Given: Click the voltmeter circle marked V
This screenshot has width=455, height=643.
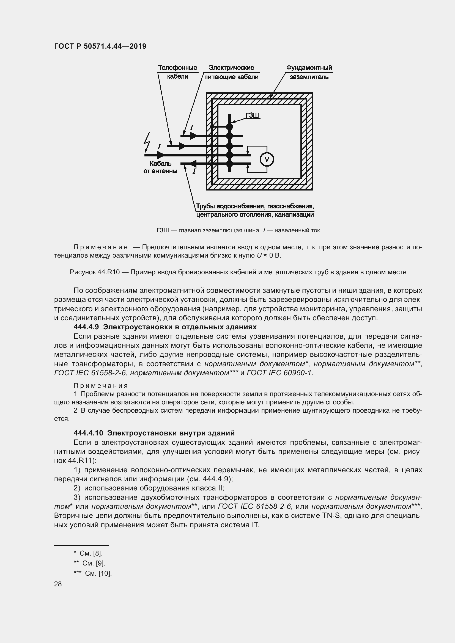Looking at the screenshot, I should pos(267,160).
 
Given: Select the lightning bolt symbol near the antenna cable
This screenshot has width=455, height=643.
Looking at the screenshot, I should pos(147,142).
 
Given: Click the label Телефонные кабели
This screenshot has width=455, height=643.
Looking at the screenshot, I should pos(177,72).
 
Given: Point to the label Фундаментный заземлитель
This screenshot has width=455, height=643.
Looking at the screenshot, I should pos(309,72).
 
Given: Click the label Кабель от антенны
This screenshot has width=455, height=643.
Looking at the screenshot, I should pos(160,167).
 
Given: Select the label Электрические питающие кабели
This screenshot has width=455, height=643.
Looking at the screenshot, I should pos(231,72).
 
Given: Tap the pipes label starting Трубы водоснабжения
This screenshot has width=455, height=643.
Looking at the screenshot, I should pos(255,210).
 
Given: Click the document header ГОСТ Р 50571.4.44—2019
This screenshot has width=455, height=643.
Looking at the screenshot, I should pos(100,46).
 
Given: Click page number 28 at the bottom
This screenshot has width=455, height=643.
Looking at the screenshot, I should pos(58,584).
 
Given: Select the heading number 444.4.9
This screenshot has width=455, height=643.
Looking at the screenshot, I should pos(87,327).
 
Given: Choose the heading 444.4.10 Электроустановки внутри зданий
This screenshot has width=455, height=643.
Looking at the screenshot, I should pos(154,433).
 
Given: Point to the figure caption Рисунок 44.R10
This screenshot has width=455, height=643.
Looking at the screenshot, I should pos(238,272).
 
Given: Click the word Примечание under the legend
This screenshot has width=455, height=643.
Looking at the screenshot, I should pos(101,247).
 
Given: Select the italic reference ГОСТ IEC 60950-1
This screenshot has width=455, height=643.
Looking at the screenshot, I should pos(279,373).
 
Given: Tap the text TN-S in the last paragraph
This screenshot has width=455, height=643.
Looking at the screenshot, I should pos(331,515).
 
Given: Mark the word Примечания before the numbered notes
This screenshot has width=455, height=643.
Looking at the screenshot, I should pos(101,386).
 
